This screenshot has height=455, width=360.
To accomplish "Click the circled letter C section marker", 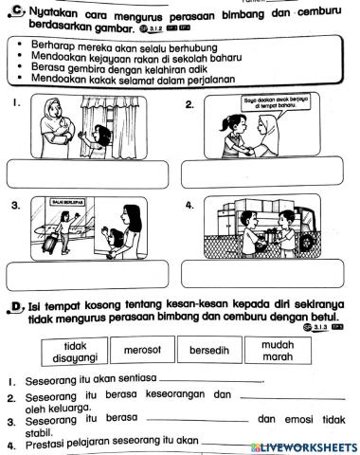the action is tap(15, 12).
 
